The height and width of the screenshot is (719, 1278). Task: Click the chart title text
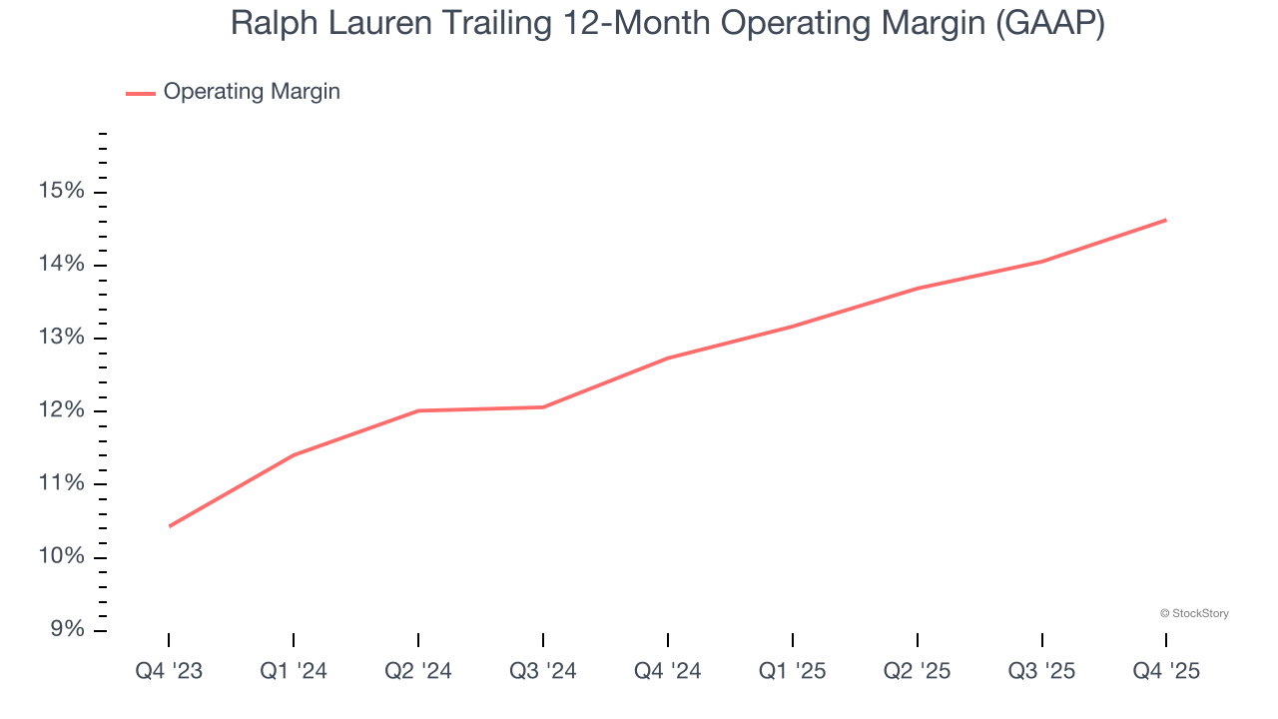(x=667, y=23)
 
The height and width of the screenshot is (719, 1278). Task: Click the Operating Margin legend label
(x=252, y=92)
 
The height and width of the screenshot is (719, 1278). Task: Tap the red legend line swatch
(x=140, y=93)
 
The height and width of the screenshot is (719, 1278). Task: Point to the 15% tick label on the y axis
(x=62, y=192)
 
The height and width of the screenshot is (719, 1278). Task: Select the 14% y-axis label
(x=62, y=265)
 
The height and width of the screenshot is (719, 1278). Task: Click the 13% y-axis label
(x=62, y=338)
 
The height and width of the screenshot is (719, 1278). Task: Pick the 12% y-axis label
(x=62, y=410)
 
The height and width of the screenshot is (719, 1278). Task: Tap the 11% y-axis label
(x=62, y=483)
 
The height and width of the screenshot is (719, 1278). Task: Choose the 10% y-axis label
(x=62, y=556)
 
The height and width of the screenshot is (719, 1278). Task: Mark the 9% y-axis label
(x=66, y=629)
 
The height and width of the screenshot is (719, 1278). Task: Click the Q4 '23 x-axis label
(x=169, y=672)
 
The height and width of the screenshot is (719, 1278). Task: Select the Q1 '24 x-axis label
(x=294, y=672)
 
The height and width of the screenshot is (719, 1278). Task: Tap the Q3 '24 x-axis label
(x=543, y=672)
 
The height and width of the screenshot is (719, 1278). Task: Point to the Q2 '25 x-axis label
(x=917, y=672)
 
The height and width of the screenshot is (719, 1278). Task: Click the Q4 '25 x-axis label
(x=1166, y=672)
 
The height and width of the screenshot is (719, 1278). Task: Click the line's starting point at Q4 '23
(x=169, y=526)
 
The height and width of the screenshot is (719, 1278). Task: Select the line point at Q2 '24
(x=418, y=410)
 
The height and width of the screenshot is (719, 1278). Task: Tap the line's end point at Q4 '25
(x=1166, y=220)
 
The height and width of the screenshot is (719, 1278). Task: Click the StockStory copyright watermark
(x=1194, y=613)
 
